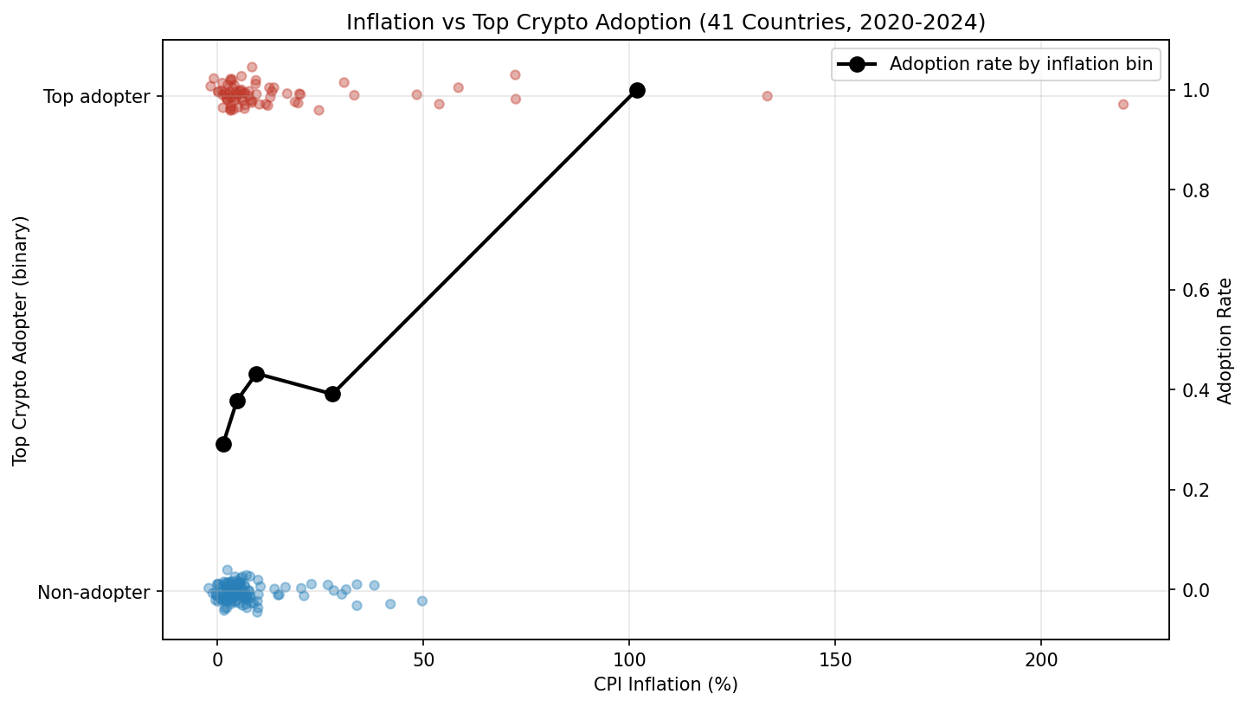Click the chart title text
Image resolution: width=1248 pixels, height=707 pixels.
tap(666, 23)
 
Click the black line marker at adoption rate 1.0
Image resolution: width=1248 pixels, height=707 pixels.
tap(637, 91)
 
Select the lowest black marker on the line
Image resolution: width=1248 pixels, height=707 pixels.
tap(223, 444)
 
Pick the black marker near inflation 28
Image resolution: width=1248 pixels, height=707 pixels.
tap(332, 394)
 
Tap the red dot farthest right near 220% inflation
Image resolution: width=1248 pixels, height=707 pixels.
tap(1123, 104)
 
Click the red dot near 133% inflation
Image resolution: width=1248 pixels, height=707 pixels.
tap(767, 96)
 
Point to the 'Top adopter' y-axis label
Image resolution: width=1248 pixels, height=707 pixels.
tap(97, 97)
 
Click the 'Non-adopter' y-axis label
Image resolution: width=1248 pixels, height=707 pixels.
tap(93, 593)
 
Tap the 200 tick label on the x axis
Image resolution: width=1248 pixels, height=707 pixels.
tap(1040, 659)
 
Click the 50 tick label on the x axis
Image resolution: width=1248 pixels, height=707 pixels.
tap(422, 659)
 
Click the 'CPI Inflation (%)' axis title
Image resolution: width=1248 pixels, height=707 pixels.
tap(665, 685)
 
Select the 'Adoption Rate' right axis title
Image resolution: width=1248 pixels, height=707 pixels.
tap(1225, 341)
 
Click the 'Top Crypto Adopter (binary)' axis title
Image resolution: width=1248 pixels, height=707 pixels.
tap(21, 340)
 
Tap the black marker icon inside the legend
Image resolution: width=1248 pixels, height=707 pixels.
tap(857, 65)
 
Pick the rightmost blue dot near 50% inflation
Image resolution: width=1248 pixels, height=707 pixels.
tap(422, 601)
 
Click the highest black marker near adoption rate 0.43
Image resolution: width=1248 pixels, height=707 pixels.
tap(256, 374)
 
